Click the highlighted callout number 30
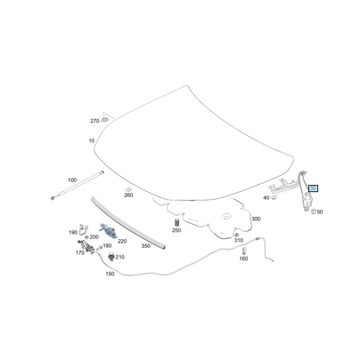(313, 189)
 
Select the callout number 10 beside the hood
(92, 140)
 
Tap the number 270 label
(94, 121)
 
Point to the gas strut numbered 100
(77, 185)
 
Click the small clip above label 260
(128, 189)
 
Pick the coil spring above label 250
(177, 222)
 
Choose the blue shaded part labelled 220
(108, 230)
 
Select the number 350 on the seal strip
(146, 246)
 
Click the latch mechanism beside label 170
(86, 247)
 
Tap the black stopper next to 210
(111, 256)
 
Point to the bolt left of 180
(99, 248)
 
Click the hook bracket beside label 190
(83, 230)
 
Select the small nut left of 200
(86, 237)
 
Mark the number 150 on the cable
(110, 274)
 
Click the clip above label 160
(244, 251)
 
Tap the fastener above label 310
(236, 235)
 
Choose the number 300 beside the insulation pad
(256, 219)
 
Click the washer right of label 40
(274, 197)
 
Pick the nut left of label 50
(313, 211)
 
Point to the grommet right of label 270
(105, 120)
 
